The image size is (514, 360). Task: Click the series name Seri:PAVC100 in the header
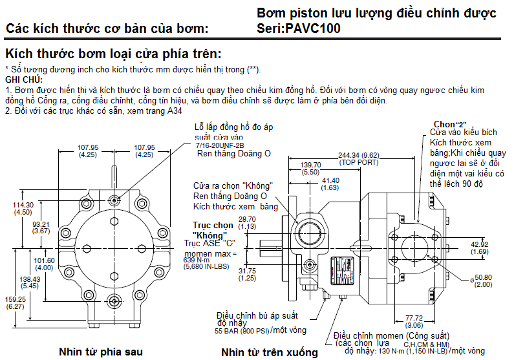coord(298,28)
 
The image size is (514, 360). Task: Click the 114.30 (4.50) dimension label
coord(24,208)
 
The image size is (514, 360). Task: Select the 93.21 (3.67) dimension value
coord(41,227)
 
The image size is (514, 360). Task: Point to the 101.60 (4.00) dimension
coord(44,264)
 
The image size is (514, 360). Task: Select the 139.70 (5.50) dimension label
coord(310,169)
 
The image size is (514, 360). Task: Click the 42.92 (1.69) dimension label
coord(480,248)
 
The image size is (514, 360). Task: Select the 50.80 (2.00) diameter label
coord(484,281)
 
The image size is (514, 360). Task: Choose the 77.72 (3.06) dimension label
coord(413,322)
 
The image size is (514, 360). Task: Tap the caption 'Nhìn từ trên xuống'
coord(269,352)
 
